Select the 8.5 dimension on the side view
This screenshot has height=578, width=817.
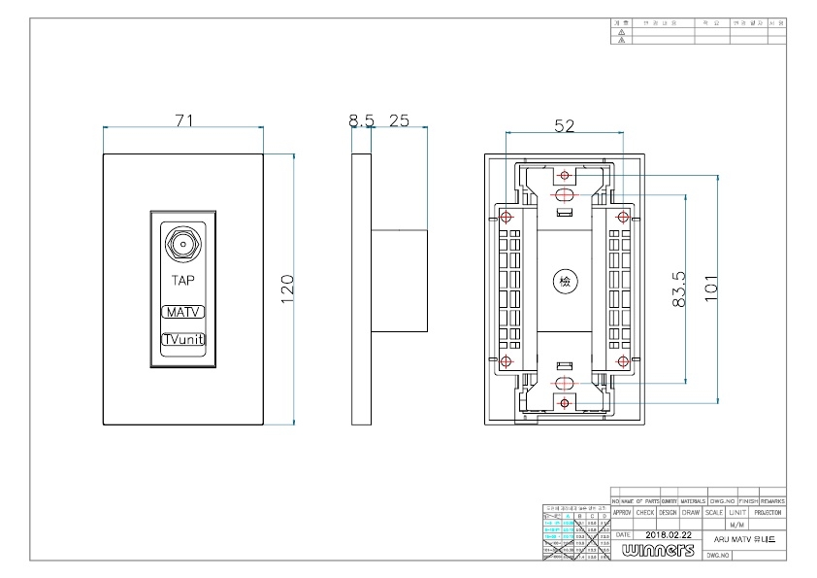point(361,120)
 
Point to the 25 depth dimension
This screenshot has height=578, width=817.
point(398,120)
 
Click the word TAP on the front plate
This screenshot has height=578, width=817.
point(182,281)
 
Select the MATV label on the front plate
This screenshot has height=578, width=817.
point(182,313)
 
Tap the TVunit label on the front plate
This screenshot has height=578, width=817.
point(182,340)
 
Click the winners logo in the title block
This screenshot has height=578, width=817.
point(660,550)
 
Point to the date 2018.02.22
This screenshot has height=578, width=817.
point(670,534)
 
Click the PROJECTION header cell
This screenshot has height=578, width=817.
point(767,512)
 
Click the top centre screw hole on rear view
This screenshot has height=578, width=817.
point(564,176)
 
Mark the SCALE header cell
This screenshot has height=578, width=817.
point(714,512)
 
